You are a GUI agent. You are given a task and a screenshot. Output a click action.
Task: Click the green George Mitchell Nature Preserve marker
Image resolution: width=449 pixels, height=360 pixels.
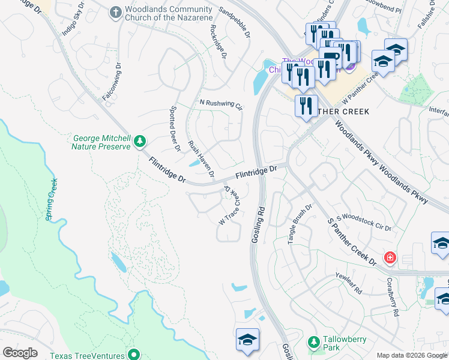click(140, 141)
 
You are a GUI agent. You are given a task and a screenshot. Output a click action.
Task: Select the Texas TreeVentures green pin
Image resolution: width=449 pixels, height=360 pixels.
click(134, 354)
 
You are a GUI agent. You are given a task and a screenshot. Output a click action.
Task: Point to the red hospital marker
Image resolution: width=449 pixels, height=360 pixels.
click(390, 258)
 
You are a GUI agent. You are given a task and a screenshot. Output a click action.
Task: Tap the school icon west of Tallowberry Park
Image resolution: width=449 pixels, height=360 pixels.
click(247, 340)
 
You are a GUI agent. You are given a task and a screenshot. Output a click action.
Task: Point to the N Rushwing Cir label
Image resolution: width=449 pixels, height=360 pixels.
click(220, 105)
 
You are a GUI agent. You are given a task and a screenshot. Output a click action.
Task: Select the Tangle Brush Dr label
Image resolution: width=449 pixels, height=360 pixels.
click(300, 223)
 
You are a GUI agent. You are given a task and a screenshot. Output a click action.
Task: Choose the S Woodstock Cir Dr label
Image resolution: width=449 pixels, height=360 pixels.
click(364, 223)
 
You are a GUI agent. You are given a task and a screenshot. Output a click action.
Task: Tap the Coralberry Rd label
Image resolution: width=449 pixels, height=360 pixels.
click(393, 297)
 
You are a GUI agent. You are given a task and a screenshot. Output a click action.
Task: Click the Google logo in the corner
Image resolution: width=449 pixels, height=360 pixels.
click(20, 353)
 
